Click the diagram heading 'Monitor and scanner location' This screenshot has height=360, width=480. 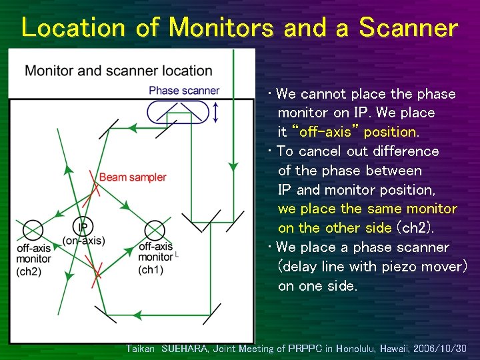click(x=119, y=71)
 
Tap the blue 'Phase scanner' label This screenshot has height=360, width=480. click(x=184, y=91)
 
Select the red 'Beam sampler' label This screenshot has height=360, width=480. click(x=133, y=177)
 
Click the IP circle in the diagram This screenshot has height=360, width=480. click(x=84, y=227)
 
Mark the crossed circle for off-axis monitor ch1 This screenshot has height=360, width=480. click(x=155, y=231)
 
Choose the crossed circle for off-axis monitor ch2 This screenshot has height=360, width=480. click(x=33, y=231)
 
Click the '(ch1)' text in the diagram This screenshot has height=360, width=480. click(x=151, y=270)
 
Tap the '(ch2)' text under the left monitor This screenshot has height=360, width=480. click(x=30, y=271)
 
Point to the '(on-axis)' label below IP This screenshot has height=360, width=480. click(x=84, y=241)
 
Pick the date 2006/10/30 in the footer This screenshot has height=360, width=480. click(x=440, y=349)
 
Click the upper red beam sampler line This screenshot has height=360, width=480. click(x=95, y=189)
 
